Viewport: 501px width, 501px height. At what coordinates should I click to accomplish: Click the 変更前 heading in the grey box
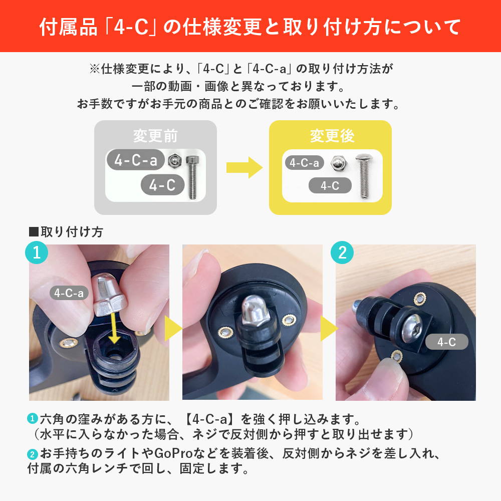[x=155, y=136]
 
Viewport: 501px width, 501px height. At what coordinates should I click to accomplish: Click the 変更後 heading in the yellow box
[x=332, y=136]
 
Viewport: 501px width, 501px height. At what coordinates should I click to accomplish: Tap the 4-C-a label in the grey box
[x=136, y=160]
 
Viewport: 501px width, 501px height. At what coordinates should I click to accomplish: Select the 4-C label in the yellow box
[x=330, y=185]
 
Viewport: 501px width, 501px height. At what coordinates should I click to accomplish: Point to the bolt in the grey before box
[x=192, y=177]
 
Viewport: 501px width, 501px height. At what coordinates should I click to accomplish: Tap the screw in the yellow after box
[x=364, y=176]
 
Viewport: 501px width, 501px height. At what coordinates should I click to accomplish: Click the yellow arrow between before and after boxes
[x=244, y=167]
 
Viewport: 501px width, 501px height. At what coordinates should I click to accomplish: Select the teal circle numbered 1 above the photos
[x=37, y=253]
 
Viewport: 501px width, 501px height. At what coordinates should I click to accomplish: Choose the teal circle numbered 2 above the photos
[x=342, y=253]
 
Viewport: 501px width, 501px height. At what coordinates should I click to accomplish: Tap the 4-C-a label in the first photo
[x=69, y=293]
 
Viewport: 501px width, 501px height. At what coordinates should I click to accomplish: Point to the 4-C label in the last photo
[x=447, y=342]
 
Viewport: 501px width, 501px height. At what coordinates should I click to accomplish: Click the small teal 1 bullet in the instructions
[x=32, y=418]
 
